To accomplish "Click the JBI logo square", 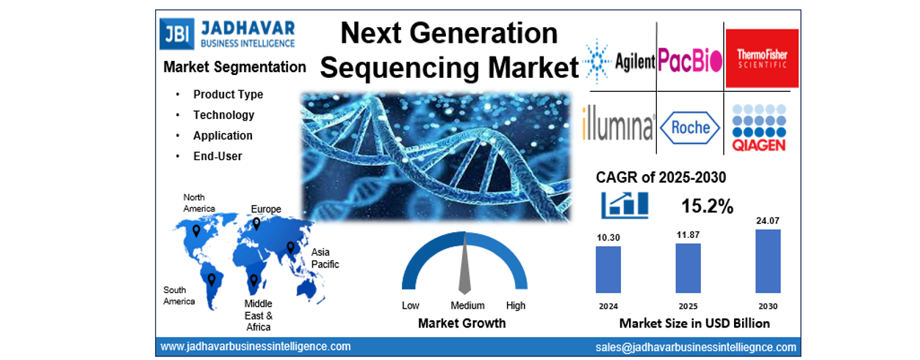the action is (x=176, y=34).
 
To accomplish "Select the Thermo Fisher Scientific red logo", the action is (x=762, y=58).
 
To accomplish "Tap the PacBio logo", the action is (x=689, y=60).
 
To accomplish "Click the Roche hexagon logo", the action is (x=690, y=128).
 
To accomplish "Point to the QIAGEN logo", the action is (x=759, y=128).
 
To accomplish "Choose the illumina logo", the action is (x=618, y=123).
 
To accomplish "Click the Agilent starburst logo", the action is (x=597, y=62).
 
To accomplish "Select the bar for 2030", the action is (x=768, y=261).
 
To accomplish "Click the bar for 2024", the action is (x=608, y=270).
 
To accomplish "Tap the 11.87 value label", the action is (x=688, y=235).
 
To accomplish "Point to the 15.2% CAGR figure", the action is (x=707, y=206).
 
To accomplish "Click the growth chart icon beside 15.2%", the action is (x=625, y=205).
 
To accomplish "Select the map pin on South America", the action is (x=212, y=280).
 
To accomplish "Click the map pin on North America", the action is (x=196, y=231).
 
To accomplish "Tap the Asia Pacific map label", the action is (x=325, y=258).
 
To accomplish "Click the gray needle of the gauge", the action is (x=464, y=264).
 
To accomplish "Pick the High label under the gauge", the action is (x=515, y=306).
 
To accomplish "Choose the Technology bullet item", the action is (x=223, y=115).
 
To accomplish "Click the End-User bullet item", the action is (x=218, y=156).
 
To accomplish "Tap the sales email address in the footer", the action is (x=696, y=348).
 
